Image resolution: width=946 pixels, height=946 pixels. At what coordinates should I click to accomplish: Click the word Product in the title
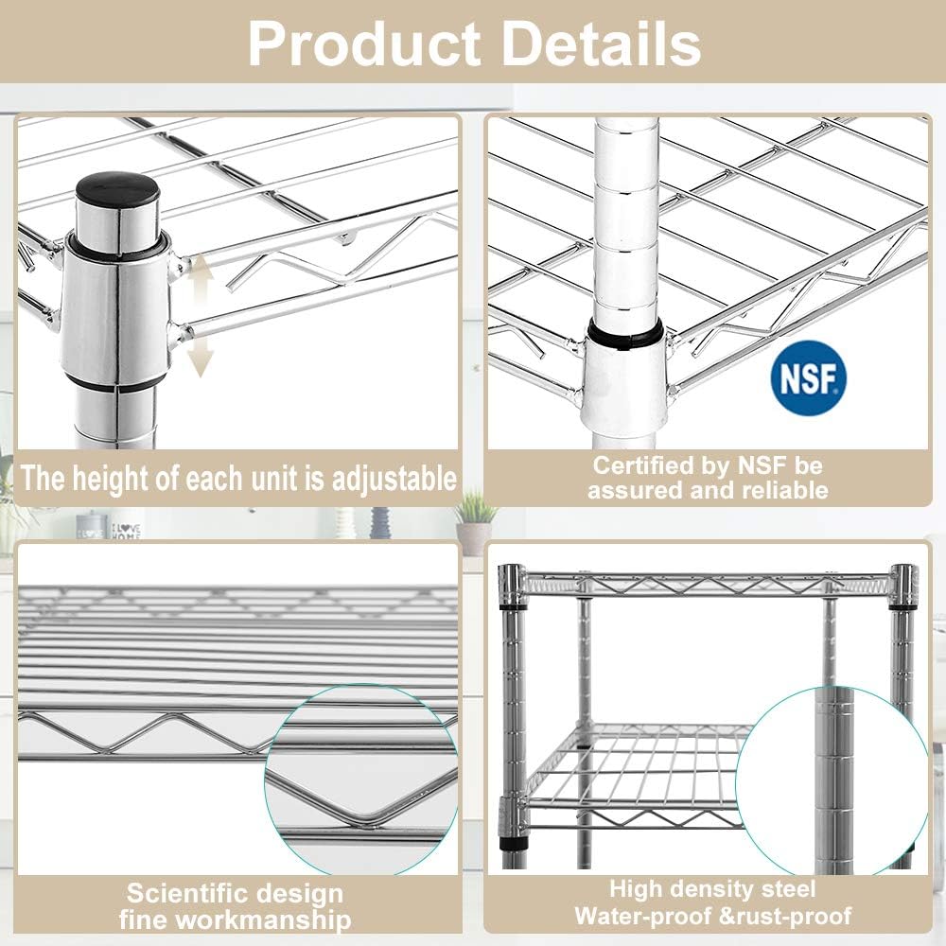(x=364, y=42)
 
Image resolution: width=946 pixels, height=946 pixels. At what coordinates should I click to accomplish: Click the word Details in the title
(x=601, y=42)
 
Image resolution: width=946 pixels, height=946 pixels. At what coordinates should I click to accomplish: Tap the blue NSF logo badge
(x=807, y=380)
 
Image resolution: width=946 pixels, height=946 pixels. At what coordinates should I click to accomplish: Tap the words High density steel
(x=712, y=889)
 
